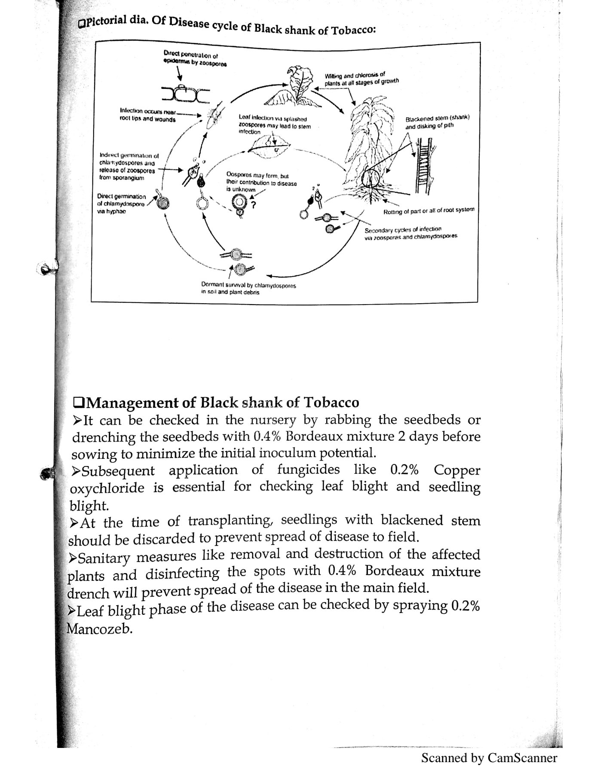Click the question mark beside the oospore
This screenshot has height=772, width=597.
click(x=254, y=205)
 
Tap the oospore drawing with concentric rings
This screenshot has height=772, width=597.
click(x=239, y=201)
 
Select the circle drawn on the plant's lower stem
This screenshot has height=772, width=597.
click(x=370, y=177)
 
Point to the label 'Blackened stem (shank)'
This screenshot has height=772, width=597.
click(x=438, y=118)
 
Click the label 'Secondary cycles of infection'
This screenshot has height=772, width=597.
click(x=403, y=229)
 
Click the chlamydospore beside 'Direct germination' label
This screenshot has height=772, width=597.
click(x=162, y=203)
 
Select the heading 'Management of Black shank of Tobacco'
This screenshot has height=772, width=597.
click(x=217, y=403)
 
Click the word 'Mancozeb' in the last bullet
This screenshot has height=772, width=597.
click(x=98, y=629)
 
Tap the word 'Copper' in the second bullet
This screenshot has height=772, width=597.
click(x=456, y=470)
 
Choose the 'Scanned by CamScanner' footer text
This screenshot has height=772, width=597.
click(x=489, y=757)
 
